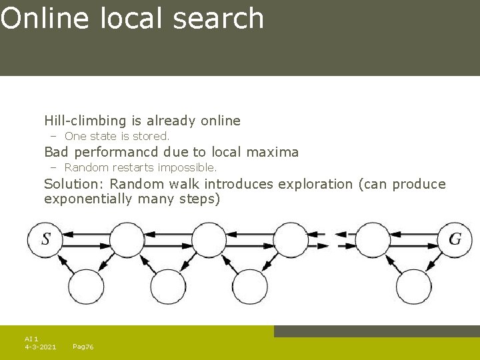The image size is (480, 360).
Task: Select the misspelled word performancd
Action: click(x=121, y=153)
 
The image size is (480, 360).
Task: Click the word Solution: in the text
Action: click(x=74, y=184)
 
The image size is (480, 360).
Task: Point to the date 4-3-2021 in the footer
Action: click(x=40, y=347)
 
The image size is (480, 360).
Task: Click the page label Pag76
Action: click(x=83, y=347)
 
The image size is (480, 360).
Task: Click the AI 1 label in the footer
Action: click(x=31, y=339)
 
